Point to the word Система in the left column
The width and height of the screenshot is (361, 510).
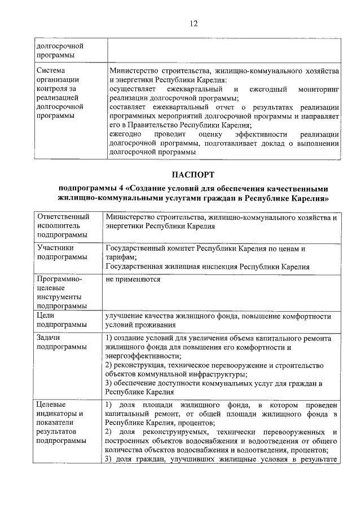[x=51, y=71]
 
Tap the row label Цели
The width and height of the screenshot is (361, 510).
[x=46, y=316]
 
